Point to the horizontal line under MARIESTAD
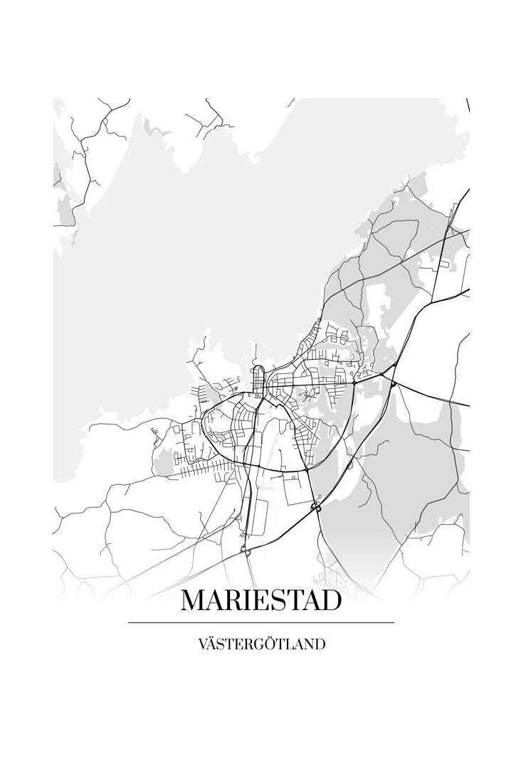(260, 622)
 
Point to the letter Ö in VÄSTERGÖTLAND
(273, 644)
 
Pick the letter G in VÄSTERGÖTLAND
(261, 645)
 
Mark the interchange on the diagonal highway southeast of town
(315, 508)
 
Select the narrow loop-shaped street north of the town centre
(258, 375)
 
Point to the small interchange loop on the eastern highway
(393, 383)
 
